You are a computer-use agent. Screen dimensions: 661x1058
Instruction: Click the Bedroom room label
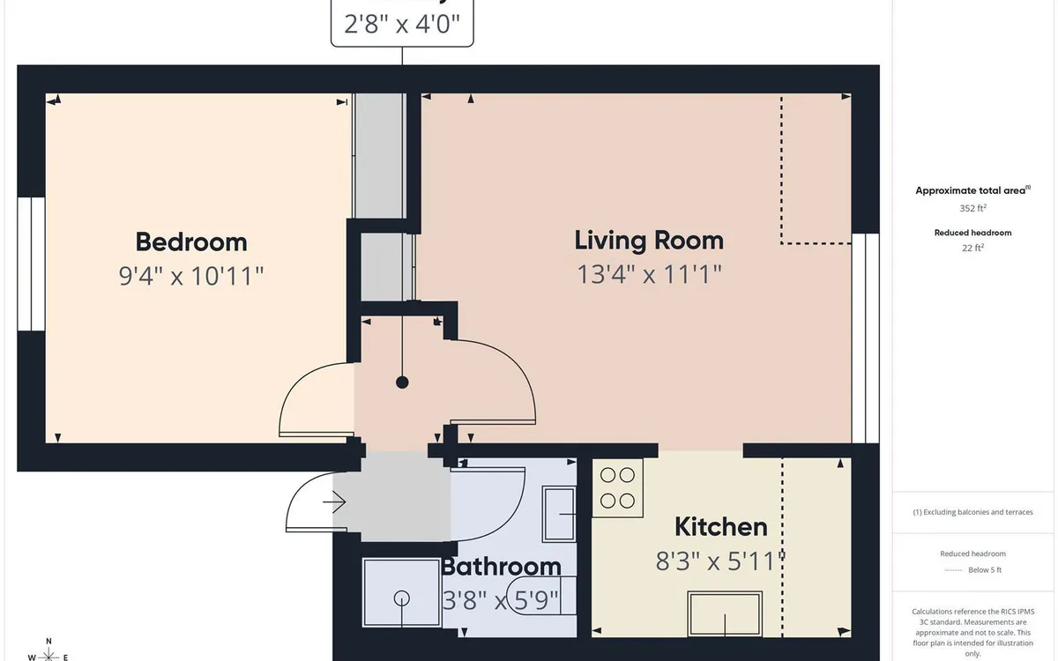pyautogui.click(x=191, y=241)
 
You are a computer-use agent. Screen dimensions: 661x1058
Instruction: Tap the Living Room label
pyautogui.click(x=649, y=240)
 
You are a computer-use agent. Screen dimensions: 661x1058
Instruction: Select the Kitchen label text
pyautogui.click(x=720, y=527)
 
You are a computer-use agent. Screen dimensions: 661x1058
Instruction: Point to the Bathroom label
pyautogui.click(x=501, y=566)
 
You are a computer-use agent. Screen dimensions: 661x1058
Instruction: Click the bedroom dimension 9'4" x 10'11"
pyautogui.click(x=191, y=277)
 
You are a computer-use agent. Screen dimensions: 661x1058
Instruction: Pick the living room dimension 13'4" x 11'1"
pyautogui.click(x=649, y=274)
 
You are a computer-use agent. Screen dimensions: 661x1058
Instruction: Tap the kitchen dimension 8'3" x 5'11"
pyautogui.click(x=720, y=561)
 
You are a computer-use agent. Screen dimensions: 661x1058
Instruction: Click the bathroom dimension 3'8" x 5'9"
pyautogui.click(x=501, y=601)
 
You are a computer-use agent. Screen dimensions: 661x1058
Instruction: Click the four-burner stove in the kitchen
pyautogui.click(x=618, y=487)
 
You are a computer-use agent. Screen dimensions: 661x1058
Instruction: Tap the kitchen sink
pyautogui.click(x=725, y=613)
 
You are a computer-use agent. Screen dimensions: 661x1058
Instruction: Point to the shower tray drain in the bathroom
pyautogui.click(x=403, y=597)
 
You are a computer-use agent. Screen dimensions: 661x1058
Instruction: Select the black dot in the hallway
pyautogui.click(x=403, y=382)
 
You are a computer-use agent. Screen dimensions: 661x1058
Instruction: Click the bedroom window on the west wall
pyautogui.click(x=31, y=264)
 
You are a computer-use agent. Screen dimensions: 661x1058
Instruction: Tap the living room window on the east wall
pyautogui.click(x=866, y=338)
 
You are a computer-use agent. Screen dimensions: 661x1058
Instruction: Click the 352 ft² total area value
pyautogui.click(x=972, y=209)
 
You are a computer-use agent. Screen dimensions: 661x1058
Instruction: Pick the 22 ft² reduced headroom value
pyautogui.click(x=972, y=249)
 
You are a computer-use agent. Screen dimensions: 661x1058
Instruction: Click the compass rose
pyautogui.click(x=49, y=653)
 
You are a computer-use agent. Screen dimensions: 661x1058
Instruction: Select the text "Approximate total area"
pyautogui.click(x=970, y=190)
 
